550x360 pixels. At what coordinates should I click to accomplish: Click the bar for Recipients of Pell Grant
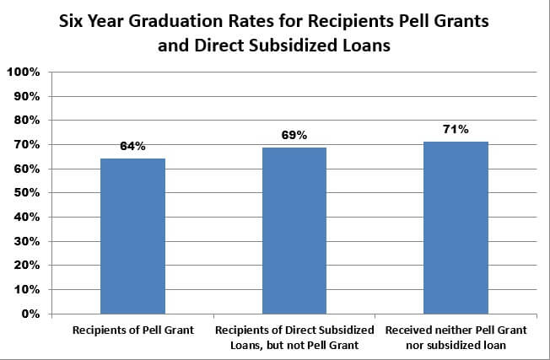tap(132, 236)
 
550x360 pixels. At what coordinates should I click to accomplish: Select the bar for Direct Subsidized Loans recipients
tap(294, 230)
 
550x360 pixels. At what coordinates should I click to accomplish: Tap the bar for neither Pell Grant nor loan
tap(456, 228)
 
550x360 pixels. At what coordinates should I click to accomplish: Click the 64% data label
tap(132, 147)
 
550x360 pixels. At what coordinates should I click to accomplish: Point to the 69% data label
tap(294, 135)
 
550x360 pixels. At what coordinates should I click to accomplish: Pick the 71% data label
tap(456, 129)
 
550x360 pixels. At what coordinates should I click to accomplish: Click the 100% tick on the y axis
tap(23, 73)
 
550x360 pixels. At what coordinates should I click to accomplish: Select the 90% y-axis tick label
tap(25, 96)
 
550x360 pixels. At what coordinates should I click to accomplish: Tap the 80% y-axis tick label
tap(25, 121)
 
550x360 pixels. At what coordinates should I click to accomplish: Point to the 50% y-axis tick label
tap(25, 193)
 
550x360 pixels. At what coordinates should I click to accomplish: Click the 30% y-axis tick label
tap(25, 241)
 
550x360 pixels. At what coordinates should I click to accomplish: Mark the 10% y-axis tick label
tap(25, 289)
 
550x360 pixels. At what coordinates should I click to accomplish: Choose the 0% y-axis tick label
tap(29, 314)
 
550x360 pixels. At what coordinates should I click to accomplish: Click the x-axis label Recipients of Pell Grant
tap(133, 330)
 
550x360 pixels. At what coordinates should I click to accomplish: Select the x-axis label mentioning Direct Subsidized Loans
tap(294, 336)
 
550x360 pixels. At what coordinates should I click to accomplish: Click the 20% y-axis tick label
tap(25, 266)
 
